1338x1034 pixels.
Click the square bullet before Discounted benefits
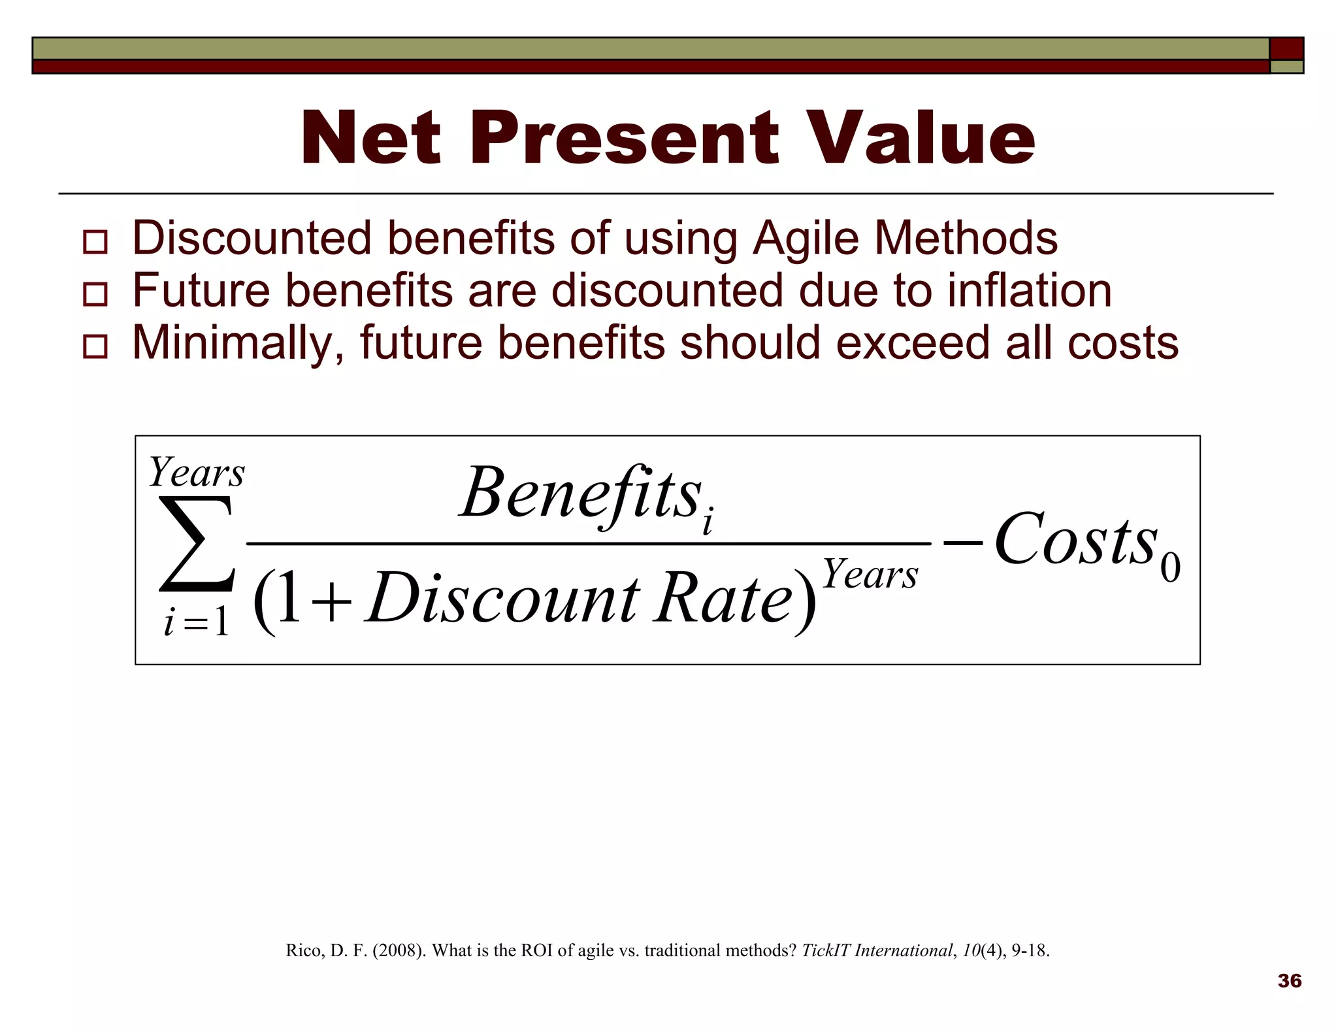(x=95, y=242)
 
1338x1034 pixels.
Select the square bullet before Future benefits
(x=95, y=294)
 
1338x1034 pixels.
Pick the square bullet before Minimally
(x=95, y=346)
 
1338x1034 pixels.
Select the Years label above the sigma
(x=196, y=472)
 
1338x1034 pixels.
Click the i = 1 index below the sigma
(x=196, y=622)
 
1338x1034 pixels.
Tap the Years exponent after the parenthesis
(x=870, y=575)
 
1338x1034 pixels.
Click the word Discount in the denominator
(x=503, y=598)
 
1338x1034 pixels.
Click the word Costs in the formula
(x=1075, y=540)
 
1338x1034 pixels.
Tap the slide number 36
(x=1289, y=980)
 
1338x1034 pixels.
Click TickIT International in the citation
(x=876, y=950)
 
